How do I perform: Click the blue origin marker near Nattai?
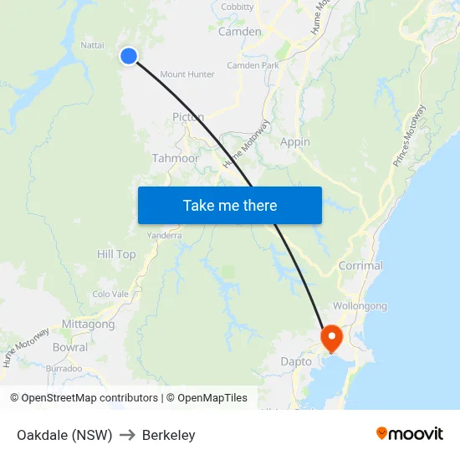(x=128, y=56)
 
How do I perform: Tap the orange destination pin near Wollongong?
(x=332, y=337)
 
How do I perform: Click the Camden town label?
(x=239, y=32)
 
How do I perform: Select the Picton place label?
(x=188, y=117)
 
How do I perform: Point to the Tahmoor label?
(x=175, y=158)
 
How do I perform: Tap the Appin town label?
(x=295, y=142)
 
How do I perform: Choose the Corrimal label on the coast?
(x=360, y=266)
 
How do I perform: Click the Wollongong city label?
(x=360, y=306)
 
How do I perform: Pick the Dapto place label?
(x=296, y=362)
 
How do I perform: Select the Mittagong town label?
(x=88, y=325)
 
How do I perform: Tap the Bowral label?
(x=69, y=347)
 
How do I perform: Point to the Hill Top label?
(x=116, y=254)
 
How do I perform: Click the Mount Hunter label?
(x=187, y=74)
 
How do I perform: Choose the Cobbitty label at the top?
(x=238, y=7)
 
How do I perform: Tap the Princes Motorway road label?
(x=409, y=136)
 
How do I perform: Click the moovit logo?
(x=410, y=434)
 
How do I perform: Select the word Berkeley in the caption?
(x=169, y=435)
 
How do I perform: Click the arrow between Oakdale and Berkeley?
(x=127, y=435)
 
